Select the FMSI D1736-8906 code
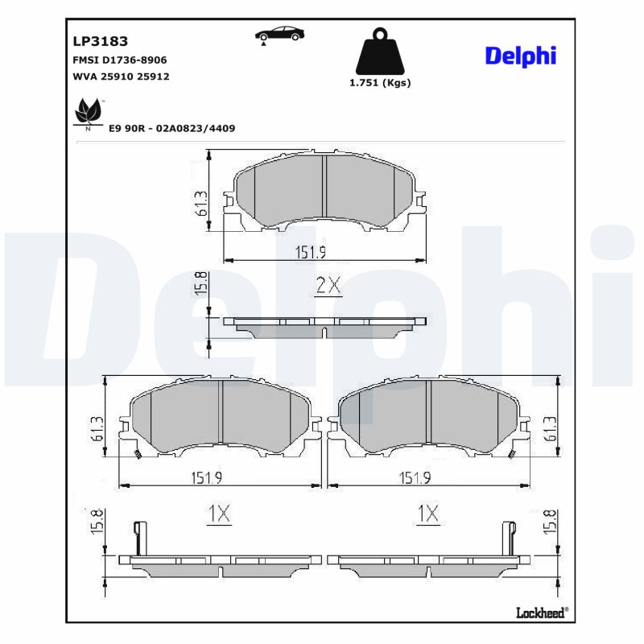[x=120, y=60]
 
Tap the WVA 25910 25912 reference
[x=121, y=76]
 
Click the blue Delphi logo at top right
[x=520, y=56]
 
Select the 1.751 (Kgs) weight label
[x=379, y=83]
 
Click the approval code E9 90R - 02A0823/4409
[x=171, y=128]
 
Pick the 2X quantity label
[x=328, y=284]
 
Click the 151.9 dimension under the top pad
[x=310, y=252]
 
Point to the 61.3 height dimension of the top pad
[x=201, y=204]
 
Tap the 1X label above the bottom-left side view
[x=218, y=513]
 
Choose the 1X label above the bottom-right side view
[x=427, y=513]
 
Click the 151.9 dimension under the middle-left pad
[x=207, y=477]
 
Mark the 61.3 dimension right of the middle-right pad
[x=550, y=429]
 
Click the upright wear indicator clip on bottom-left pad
[x=140, y=537]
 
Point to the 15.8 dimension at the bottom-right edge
[x=550, y=522]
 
